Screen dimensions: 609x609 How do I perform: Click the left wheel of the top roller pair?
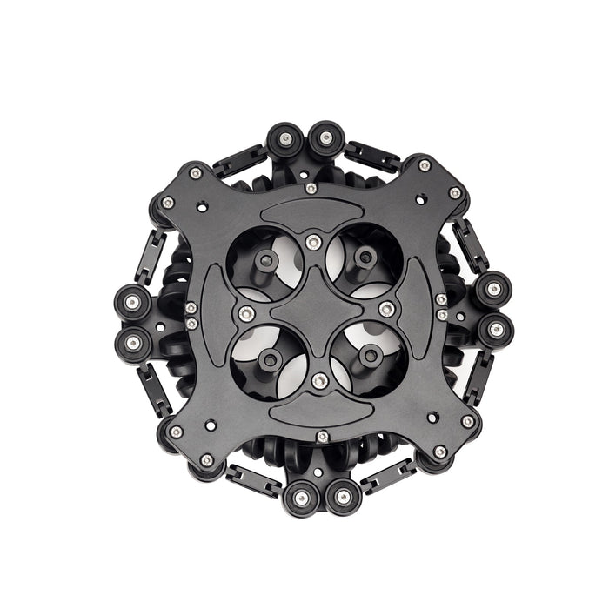284,139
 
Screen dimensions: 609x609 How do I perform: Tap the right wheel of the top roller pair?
325,137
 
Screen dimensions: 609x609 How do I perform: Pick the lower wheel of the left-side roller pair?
133,342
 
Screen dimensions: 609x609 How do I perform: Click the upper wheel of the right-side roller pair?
492,289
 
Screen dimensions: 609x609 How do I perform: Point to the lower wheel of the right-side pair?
495,330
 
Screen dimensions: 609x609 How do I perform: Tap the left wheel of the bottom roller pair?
301,498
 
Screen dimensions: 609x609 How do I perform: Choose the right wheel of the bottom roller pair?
343,497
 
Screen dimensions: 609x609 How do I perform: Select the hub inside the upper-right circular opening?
365,256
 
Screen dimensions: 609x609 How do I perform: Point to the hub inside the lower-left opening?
269,358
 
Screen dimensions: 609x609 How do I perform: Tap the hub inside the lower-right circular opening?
369,354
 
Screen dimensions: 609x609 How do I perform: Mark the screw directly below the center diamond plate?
319,380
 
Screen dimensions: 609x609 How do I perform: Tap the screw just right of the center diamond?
386,309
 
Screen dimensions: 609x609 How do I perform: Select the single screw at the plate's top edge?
311,187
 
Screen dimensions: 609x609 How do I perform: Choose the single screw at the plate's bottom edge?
323,436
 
